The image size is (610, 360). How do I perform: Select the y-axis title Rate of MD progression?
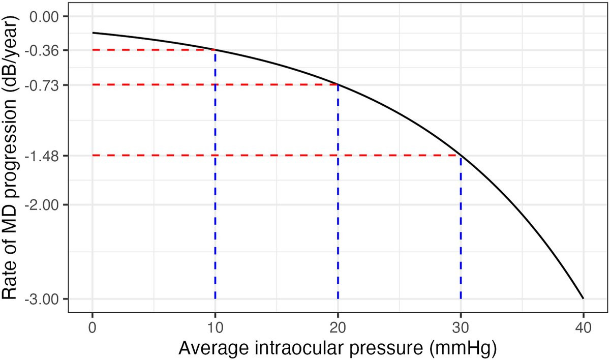[13, 158]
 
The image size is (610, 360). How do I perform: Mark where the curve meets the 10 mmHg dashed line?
[215, 50]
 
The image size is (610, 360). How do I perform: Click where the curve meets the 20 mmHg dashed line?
[338, 84]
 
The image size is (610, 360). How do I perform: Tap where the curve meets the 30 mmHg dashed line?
[461, 155]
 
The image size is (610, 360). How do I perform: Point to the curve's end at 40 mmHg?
[583, 298]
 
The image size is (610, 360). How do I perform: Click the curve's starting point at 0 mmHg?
[93, 33]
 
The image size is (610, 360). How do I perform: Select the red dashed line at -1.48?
[274, 155]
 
